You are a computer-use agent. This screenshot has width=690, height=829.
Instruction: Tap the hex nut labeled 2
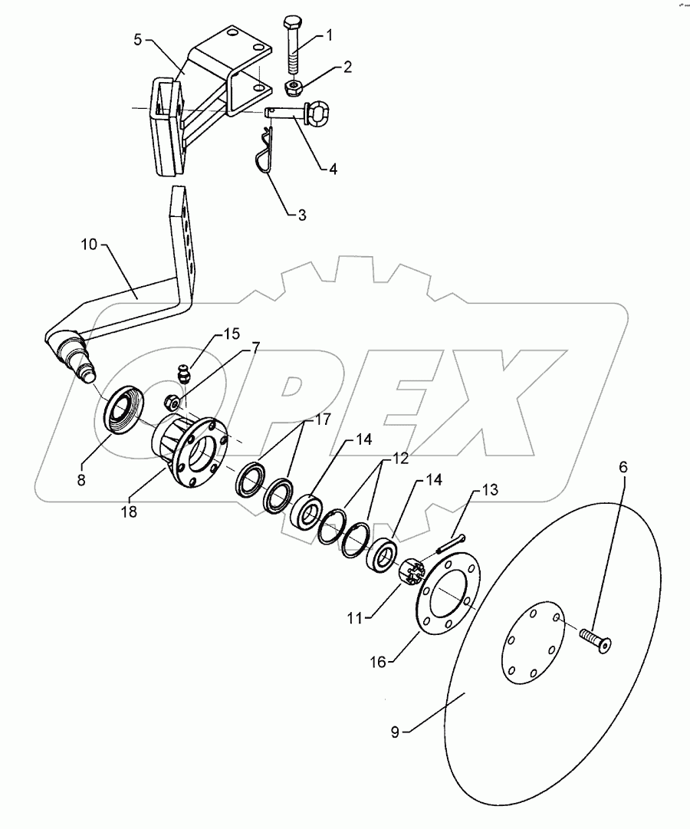point(293,87)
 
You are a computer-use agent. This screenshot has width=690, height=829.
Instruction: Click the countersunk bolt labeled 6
point(596,640)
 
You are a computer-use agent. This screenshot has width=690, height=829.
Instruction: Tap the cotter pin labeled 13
point(451,542)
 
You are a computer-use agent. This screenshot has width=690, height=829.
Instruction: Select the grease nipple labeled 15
point(184,374)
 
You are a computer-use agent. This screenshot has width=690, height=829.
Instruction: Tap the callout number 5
point(138,39)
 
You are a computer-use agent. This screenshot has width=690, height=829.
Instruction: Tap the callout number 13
point(489,489)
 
